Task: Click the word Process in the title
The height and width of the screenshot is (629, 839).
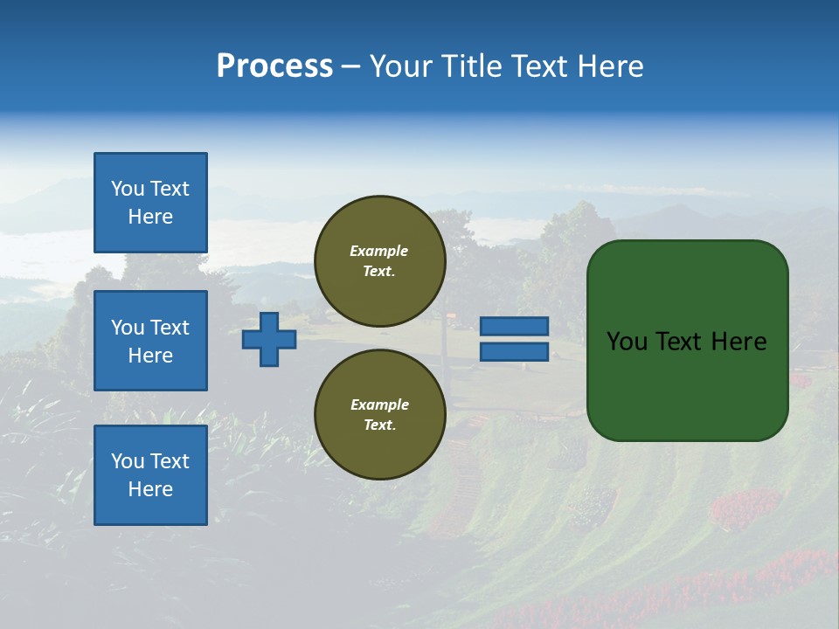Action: (x=274, y=66)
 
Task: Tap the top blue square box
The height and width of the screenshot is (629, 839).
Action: (x=150, y=203)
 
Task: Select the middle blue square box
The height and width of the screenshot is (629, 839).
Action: (x=150, y=341)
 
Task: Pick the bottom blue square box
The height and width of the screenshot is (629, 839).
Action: (x=150, y=474)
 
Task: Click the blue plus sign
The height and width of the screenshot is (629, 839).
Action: (x=269, y=339)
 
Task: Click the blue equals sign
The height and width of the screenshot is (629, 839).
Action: (x=514, y=339)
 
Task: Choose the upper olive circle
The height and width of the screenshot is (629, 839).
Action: (x=379, y=261)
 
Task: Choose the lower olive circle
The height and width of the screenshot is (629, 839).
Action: (x=379, y=414)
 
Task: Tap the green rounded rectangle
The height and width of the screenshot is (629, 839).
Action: (x=687, y=384)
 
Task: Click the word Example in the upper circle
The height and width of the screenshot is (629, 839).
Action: (x=379, y=251)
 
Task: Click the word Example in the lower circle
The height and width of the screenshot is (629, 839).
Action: (x=379, y=404)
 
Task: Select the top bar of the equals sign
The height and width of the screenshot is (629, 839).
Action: (x=514, y=326)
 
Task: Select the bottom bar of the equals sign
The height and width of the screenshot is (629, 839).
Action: (x=514, y=352)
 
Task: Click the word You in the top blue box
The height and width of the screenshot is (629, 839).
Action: (x=128, y=189)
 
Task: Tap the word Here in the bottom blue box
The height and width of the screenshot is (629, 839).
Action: (x=150, y=489)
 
